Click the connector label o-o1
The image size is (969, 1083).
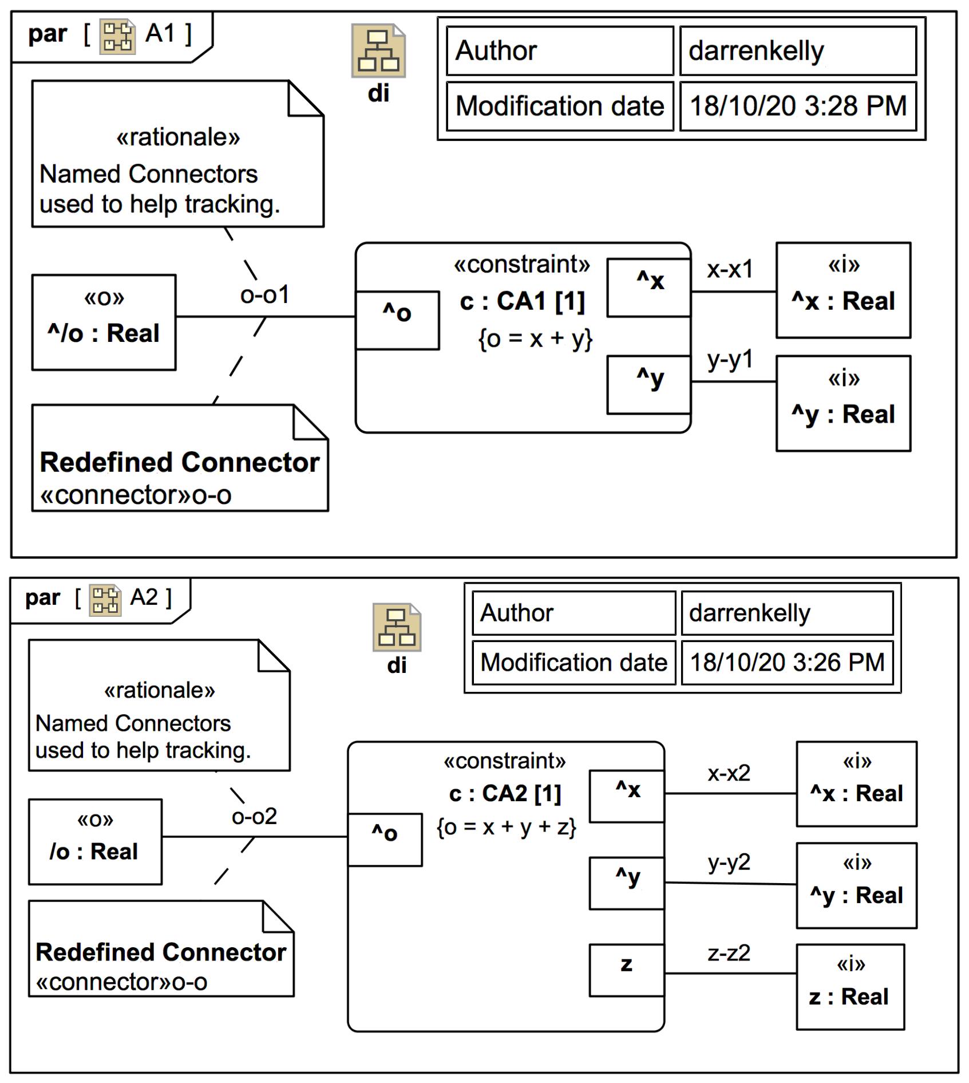point(264,295)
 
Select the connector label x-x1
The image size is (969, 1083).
point(730,269)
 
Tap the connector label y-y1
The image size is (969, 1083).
point(730,360)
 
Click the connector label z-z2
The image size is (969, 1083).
point(729,952)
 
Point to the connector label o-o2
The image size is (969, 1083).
point(254,816)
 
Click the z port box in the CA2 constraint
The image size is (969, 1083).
point(627,970)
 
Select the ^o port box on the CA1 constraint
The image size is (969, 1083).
point(397,320)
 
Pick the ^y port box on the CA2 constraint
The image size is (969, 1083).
point(627,883)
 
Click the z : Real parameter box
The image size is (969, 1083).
point(850,986)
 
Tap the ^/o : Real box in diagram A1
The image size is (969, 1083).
point(104,322)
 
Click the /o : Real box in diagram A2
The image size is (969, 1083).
point(95,841)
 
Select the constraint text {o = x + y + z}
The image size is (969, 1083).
point(506,827)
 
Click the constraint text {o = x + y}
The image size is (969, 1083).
point(535,338)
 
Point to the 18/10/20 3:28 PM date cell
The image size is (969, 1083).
point(798,106)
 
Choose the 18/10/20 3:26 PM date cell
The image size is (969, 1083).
point(787,663)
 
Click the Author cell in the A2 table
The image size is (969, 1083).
point(574,613)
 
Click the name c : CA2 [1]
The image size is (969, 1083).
point(505,793)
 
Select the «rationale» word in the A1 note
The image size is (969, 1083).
point(178,137)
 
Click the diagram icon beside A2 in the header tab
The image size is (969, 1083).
point(105,600)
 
